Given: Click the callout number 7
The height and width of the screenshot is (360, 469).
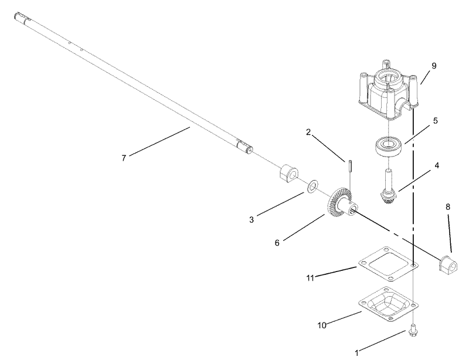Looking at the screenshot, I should pyautogui.click(x=124, y=158).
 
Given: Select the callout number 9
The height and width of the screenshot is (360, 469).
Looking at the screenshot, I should pyautogui.click(x=434, y=66).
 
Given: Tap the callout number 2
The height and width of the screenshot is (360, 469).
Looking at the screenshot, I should pyautogui.click(x=308, y=133).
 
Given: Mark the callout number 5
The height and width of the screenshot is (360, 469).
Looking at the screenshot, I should pyautogui.click(x=434, y=121).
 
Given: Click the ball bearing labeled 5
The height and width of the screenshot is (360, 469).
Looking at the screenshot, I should pyautogui.click(x=389, y=145).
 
